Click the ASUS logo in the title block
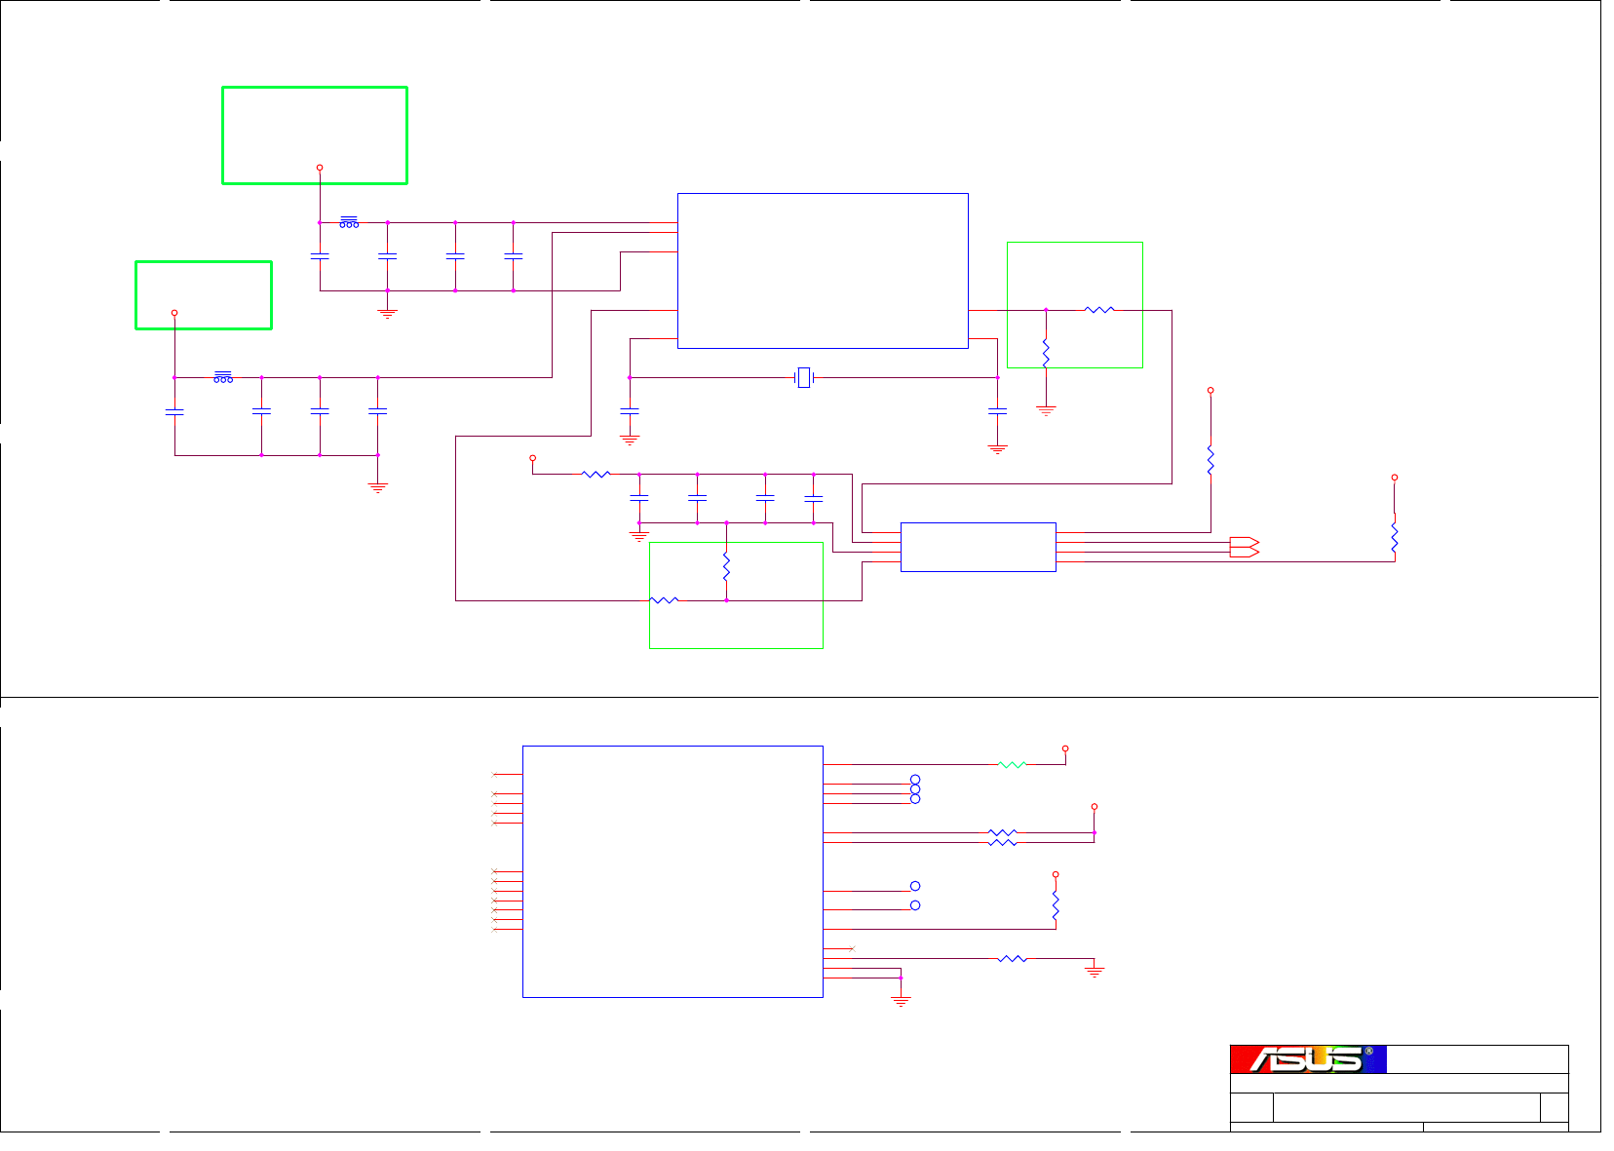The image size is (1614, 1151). click(1308, 1059)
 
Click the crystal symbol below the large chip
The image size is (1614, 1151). click(803, 377)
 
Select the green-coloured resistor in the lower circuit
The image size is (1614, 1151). click(1012, 765)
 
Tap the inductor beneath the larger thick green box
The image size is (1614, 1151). click(349, 223)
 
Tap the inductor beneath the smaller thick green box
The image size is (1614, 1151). click(223, 378)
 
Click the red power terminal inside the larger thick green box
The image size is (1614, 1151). click(320, 168)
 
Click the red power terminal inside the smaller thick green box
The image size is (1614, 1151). click(174, 313)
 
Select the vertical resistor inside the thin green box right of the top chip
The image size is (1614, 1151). click(1046, 352)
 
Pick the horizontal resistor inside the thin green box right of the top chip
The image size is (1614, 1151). click(1098, 310)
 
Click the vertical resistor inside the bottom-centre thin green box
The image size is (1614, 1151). click(726, 567)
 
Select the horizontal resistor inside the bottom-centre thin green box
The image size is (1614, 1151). click(664, 600)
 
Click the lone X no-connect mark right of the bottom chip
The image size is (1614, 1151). click(852, 948)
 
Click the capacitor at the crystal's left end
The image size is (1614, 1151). click(630, 411)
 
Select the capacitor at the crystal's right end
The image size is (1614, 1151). click(997, 412)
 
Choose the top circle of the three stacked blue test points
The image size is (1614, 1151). click(915, 780)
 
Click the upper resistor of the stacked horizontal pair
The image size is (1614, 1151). click(1002, 833)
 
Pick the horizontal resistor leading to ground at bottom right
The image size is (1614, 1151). click(1012, 959)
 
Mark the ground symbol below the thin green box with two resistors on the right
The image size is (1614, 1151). click(1046, 410)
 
